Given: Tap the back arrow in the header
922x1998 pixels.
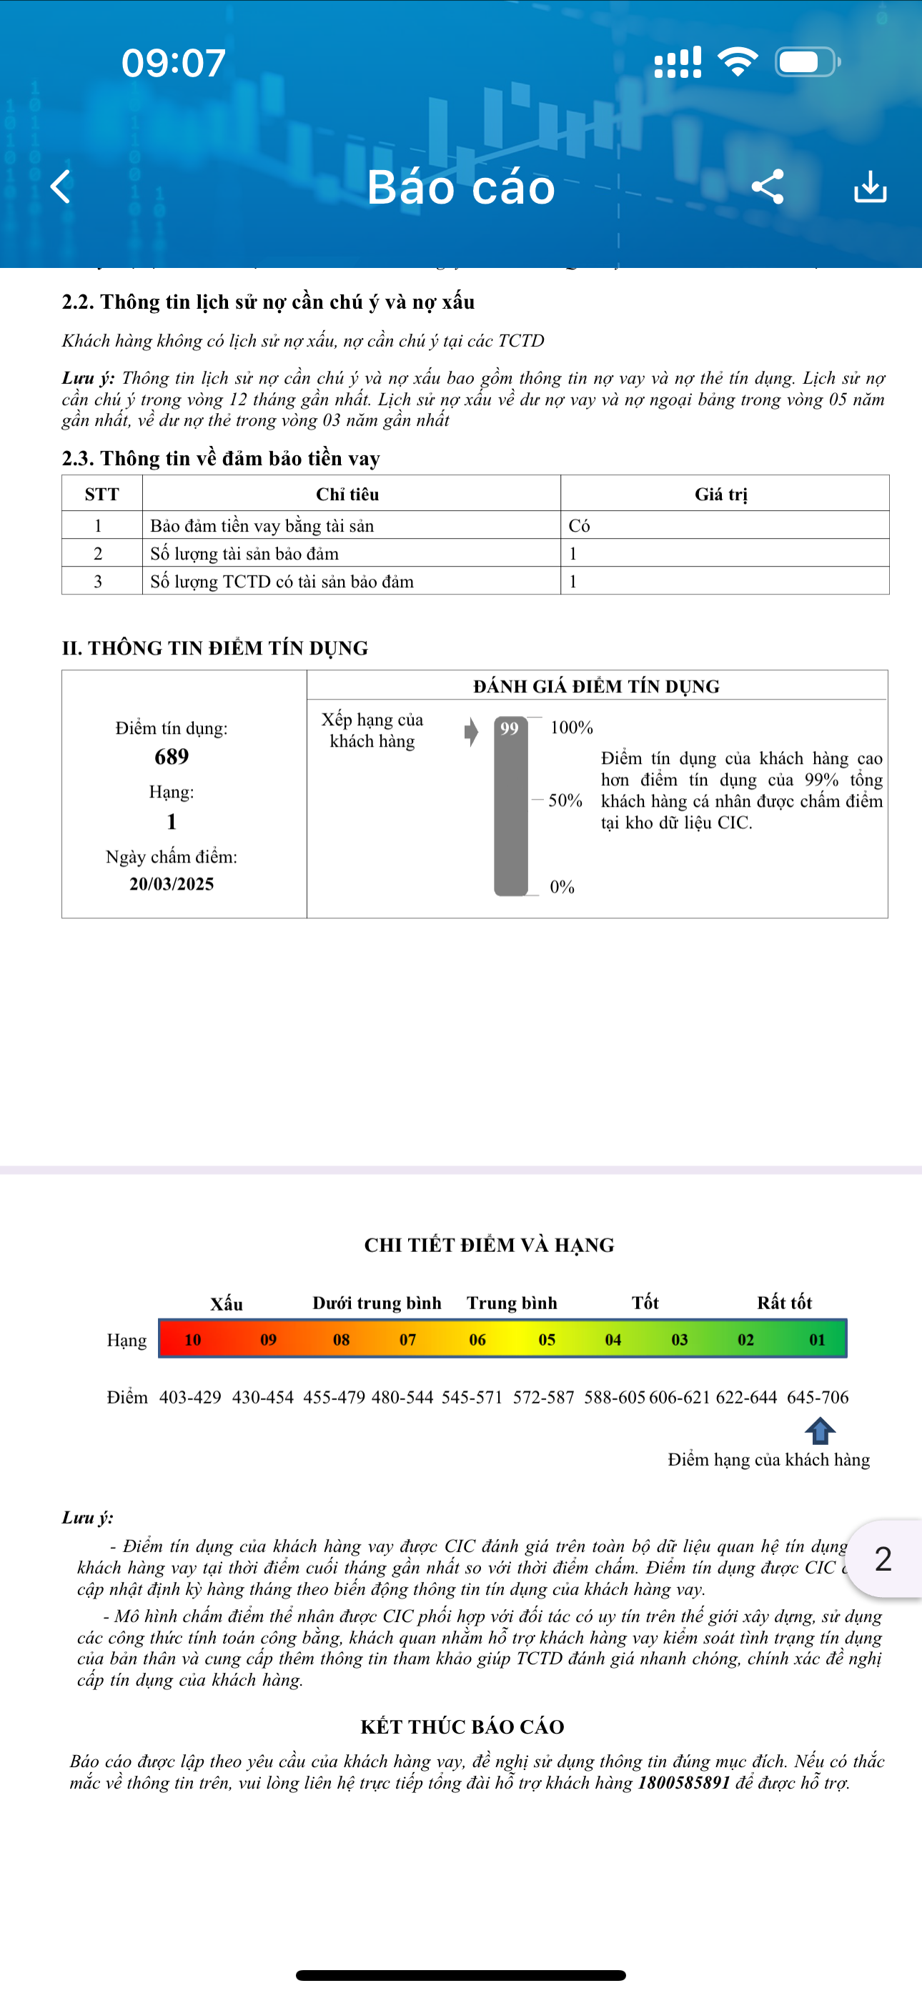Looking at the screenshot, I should point(61,187).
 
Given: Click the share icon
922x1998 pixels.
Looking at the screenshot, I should point(768,187).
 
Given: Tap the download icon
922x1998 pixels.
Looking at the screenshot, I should point(870,187).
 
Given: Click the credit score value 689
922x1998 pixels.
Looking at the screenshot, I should point(172,756).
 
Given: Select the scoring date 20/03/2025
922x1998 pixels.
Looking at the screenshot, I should point(172,883).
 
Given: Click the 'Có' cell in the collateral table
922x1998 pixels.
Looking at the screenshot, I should point(579,526).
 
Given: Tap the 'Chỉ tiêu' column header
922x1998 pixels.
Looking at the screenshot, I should point(347,494).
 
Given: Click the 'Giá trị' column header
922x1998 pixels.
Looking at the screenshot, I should point(721,494).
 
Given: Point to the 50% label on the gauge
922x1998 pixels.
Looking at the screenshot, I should point(565,800).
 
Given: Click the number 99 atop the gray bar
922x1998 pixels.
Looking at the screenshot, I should point(509,728).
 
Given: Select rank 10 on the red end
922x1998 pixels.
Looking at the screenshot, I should point(192,1339).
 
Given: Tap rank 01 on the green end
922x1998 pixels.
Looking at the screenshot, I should point(817,1339).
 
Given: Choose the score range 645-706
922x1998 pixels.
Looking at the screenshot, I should point(817,1397).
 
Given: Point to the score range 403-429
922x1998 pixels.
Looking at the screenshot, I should point(190,1397).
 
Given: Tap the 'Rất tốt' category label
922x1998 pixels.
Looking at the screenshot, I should point(784,1302).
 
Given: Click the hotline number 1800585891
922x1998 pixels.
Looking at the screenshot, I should point(684,1782).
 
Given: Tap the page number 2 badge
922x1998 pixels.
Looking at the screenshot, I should point(883,1559).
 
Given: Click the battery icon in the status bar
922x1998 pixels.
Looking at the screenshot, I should point(806,62).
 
